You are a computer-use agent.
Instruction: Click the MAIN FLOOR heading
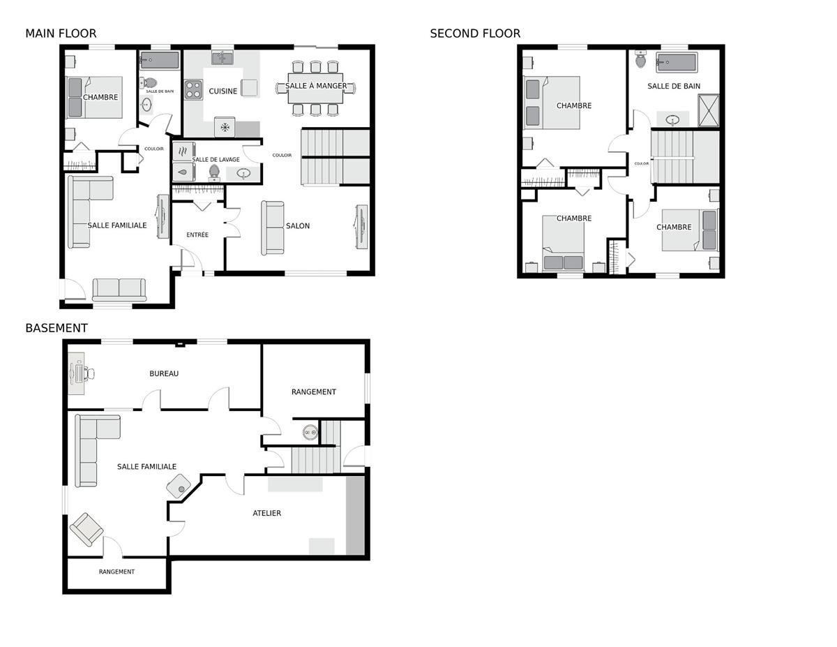[61, 34]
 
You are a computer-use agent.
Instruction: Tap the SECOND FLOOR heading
[475, 34]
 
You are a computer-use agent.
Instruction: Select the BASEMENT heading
[56, 328]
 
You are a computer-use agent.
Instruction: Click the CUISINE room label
[223, 91]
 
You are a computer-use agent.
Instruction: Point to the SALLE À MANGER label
[316, 86]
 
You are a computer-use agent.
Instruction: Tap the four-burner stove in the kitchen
[193, 90]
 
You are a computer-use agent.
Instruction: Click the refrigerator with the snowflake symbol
[225, 127]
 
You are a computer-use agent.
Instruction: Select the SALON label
[298, 226]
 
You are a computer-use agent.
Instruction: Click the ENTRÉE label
[197, 235]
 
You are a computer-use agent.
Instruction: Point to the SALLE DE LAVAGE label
[216, 160]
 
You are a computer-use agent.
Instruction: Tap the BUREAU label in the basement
[164, 373]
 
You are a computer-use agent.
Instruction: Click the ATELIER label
[267, 513]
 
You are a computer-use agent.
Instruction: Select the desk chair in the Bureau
[91, 373]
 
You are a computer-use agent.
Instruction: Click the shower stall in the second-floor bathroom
[709, 110]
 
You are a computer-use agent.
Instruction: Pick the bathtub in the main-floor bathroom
[160, 60]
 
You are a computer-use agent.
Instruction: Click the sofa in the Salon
[272, 228]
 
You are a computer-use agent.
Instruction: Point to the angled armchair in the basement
[86, 530]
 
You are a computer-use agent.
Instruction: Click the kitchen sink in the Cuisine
[223, 58]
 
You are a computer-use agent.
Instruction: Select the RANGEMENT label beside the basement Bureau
[314, 392]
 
